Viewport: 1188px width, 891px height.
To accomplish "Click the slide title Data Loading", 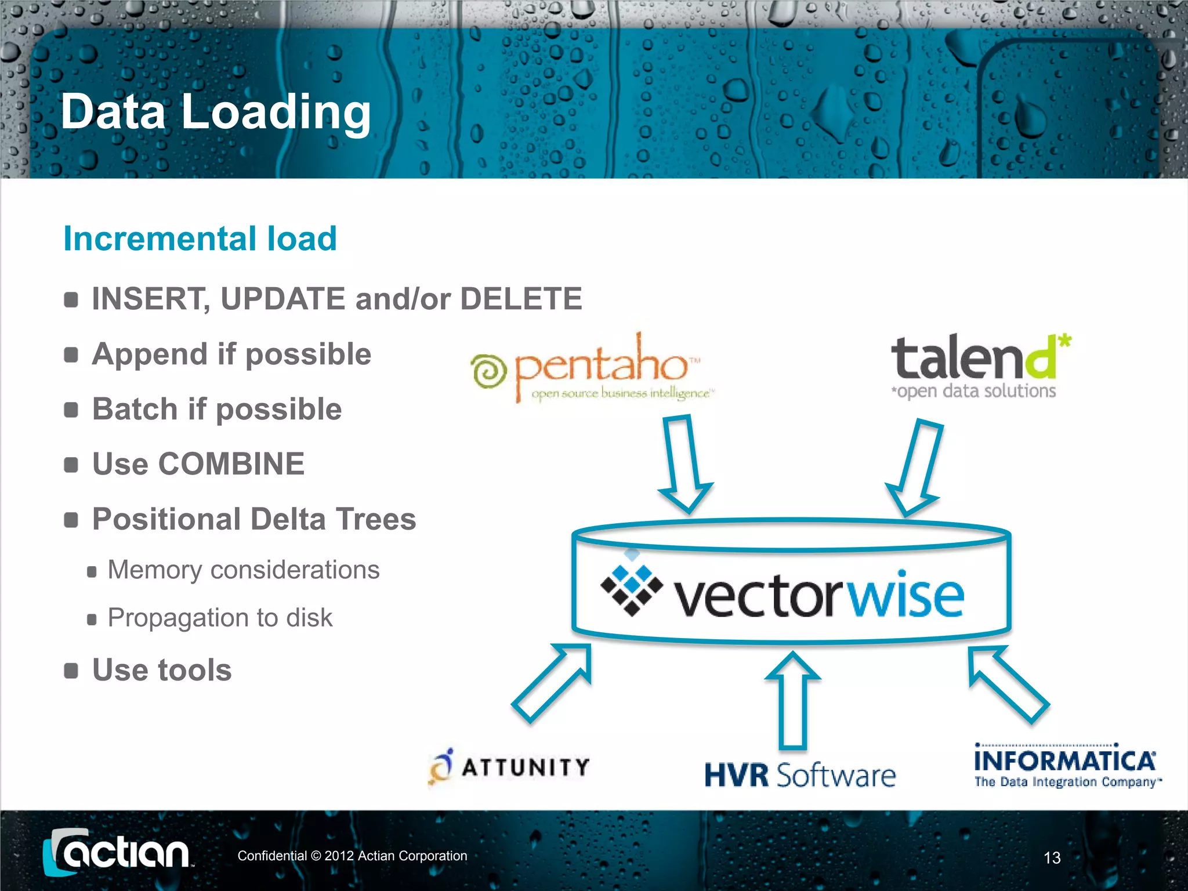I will pos(215,112).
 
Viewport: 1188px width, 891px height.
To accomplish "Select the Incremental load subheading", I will pos(200,238).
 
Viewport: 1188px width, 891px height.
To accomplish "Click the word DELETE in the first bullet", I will pos(520,299).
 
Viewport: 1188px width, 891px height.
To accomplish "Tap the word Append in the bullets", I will pos(149,354).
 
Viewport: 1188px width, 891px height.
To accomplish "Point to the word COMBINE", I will pos(231,464).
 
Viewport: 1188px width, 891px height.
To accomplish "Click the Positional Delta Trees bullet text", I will pos(254,519).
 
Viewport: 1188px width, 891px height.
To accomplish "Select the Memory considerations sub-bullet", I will pos(244,570).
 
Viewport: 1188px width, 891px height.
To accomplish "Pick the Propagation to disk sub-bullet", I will pos(220,618).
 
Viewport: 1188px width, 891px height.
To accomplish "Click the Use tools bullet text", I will pos(162,670).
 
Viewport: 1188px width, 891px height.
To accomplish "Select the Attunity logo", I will pos(509,767).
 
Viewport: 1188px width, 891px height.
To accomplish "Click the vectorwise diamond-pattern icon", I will pos(631,588).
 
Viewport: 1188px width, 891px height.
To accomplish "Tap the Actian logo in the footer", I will pos(118,853).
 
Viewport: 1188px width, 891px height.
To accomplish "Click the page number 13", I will pos(1052,858).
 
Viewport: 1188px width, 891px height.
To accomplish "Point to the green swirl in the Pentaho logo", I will pos(489,371).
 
